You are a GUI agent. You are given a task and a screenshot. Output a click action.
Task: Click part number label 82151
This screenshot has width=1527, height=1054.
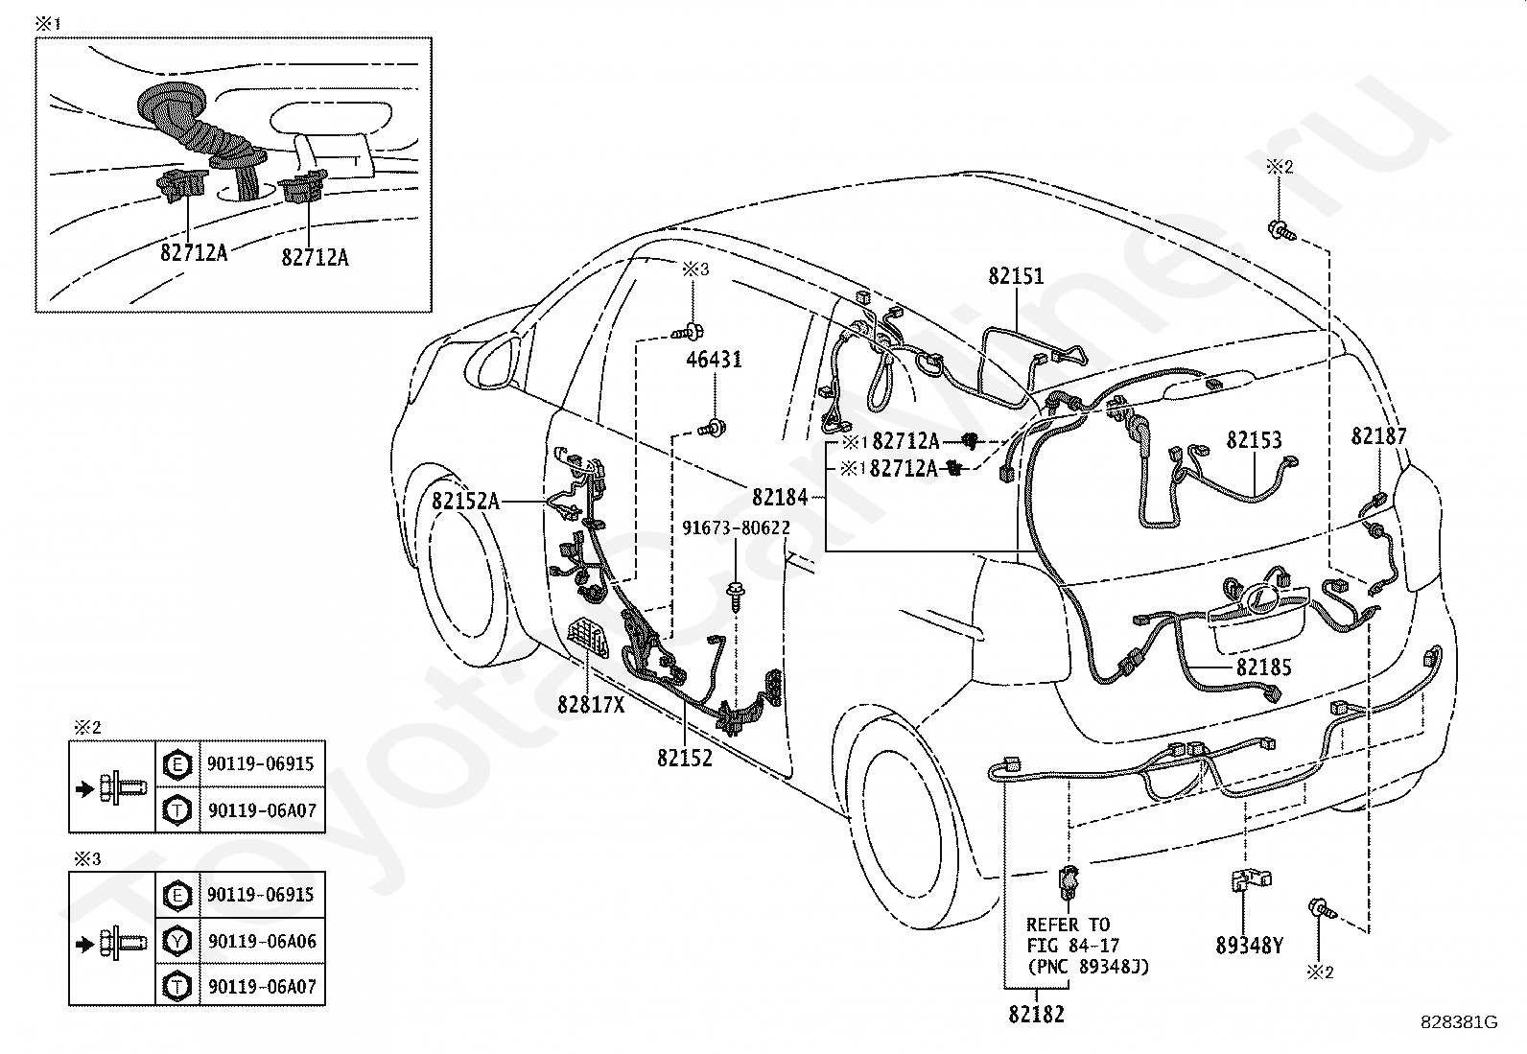(1016, 276)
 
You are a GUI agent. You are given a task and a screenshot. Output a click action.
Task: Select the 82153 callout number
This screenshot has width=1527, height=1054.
(1254, 440)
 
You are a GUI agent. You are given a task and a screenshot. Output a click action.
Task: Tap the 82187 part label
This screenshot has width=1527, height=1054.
(1378, 435)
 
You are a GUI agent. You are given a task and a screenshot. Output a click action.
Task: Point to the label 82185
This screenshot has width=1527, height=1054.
(1264, 667)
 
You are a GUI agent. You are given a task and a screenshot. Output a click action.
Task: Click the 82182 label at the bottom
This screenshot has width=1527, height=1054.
(1036, 1015)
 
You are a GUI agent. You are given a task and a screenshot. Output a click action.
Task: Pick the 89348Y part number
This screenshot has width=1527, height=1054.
(1250, 946)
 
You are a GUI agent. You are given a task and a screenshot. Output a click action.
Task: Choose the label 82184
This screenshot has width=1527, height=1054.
(780, 498)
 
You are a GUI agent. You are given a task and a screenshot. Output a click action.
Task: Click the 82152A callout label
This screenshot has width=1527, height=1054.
(465, 501)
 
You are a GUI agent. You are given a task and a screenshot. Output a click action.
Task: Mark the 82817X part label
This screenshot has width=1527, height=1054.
(591, 704)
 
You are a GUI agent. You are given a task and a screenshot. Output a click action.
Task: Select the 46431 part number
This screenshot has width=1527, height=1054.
(714, 360)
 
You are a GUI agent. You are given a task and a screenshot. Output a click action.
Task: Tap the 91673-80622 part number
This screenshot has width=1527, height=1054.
(737, 527)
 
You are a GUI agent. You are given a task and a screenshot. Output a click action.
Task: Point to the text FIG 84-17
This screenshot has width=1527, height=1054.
(1073, 946)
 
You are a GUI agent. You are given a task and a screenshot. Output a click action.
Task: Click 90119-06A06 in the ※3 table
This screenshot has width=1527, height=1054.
(263, 941)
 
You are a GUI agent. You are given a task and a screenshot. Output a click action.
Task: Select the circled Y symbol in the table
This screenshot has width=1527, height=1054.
(177, 942)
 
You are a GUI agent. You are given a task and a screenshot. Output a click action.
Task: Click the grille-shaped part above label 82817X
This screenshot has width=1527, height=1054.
(588, 637)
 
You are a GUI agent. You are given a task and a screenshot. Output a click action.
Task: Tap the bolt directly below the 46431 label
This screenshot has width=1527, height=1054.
(713, 429)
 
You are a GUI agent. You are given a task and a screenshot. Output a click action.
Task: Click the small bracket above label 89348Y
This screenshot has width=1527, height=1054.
(1250, 880)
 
